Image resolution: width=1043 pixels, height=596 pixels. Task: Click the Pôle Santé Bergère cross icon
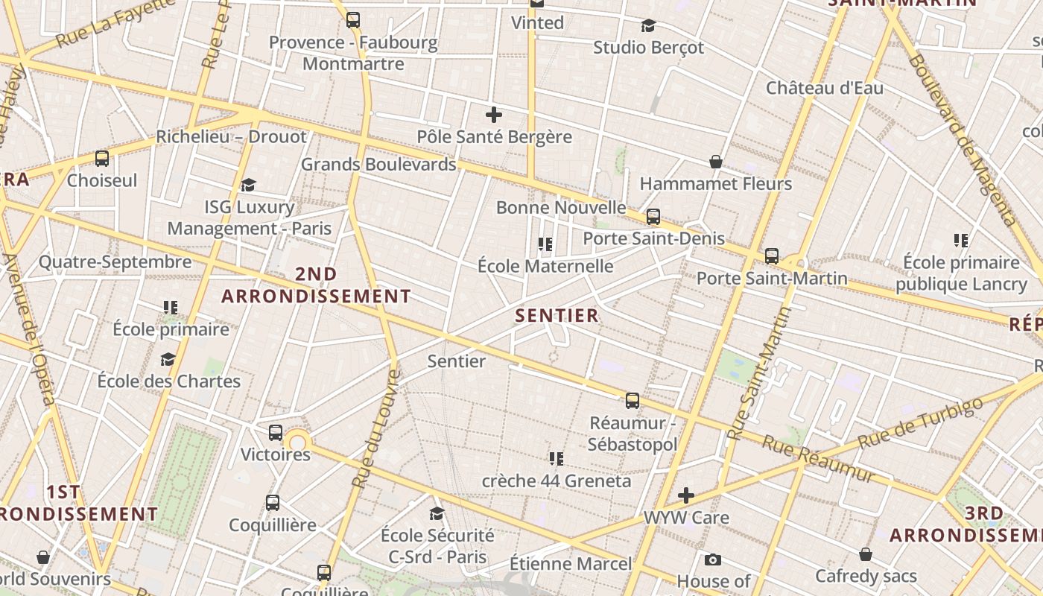pos(493,115)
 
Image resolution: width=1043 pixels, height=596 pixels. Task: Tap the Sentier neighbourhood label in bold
pos(557,315)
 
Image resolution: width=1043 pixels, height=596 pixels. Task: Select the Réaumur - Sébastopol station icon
pos(633,401)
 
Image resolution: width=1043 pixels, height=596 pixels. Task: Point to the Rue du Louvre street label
pos(377,428)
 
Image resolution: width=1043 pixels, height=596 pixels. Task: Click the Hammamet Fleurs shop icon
pos(716,162)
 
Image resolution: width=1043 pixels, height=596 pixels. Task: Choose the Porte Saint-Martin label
pos(772,278)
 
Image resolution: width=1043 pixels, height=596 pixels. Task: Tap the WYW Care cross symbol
pos(686,495)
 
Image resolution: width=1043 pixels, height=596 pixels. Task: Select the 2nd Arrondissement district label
pos(316,285)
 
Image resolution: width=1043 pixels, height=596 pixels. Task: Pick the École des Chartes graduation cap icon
pos(168,359)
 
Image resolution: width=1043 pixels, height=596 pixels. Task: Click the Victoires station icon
pos(275,433)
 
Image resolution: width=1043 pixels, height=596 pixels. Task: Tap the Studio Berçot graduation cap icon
pos(648,26)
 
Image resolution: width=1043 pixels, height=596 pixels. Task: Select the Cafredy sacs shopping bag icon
pos(866,554)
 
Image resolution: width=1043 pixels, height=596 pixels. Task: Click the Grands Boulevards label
pos(378,164)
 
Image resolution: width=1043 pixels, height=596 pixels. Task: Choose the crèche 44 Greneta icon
pos(556,458)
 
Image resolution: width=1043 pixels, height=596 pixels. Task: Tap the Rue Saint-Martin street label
pos(758,373)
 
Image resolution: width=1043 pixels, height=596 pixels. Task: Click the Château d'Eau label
pos(825,88)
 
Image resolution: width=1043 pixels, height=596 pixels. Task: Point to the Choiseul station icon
pos(102,159)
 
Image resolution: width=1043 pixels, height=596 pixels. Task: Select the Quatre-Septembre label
pos(115,261)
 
